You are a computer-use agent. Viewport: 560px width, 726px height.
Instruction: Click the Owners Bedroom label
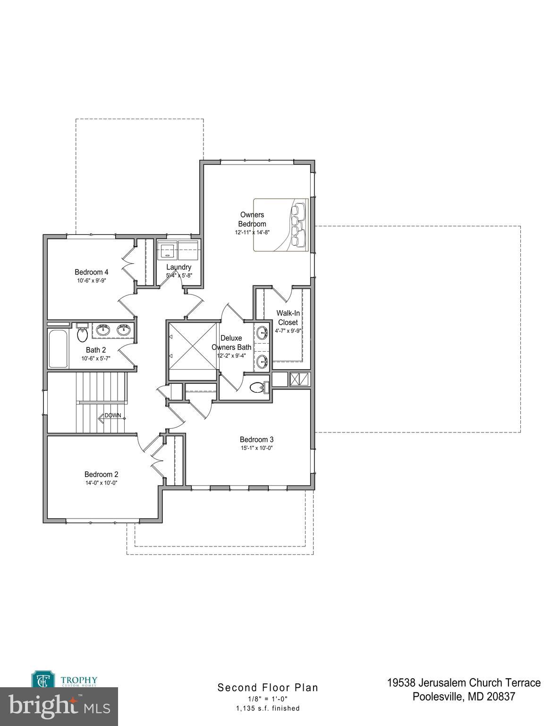pyautogui.click(x=252, y=219)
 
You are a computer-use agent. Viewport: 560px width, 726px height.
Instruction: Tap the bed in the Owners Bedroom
pyautogui.click(x=280, y=225)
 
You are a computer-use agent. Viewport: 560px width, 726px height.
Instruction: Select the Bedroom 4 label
pyautogui.click(x=92, y=272)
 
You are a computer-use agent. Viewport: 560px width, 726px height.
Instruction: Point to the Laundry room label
pyautogui.click(x=178, y=267)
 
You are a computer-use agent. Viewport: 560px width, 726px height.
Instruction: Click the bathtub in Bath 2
pyautogui.click(x=58, y=348)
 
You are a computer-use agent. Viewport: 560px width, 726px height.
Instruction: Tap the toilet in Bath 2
pyautogui.click(x=83, y=334)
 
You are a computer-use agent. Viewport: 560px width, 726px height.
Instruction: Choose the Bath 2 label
pyautogui.click(x=96, y=350)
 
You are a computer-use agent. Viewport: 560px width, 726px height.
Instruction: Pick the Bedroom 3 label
pyautogui.click(x=256, y=439)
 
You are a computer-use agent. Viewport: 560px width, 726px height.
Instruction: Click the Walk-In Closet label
pyautogui.click(x=288, y=318)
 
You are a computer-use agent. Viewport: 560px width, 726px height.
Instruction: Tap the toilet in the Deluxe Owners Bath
pyautogui.click(x=257, y=388)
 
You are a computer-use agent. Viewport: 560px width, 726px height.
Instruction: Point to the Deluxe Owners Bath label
pyautogui.click(x=231, y=343)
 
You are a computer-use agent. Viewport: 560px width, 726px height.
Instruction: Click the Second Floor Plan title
pyautogui.click(x=268, y=688)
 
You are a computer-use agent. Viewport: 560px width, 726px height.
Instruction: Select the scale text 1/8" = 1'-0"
pyautogui.click(x=268, y=699)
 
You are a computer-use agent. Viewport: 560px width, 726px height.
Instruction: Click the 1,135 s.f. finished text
pyautogui.click(x=268, y=708)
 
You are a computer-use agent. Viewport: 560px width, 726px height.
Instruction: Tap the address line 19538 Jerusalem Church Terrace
pyautogui.click(x=464, y=683)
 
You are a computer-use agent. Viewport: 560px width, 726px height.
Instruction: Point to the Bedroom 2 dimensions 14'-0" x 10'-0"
pyautogui.click(x=101, y=483)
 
